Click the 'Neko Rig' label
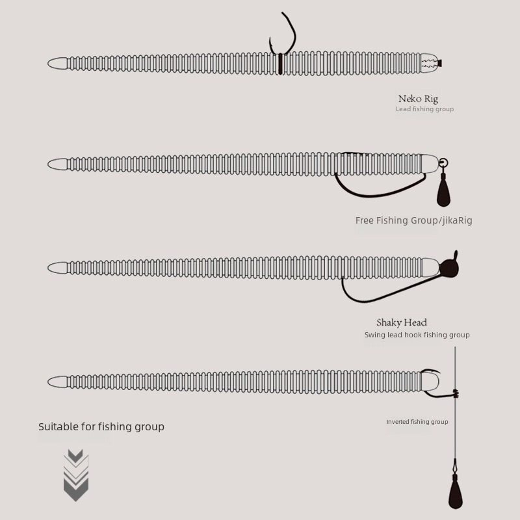(x=418, y=99)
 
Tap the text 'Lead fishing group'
(x=424, y=109)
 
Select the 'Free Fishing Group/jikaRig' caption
(x=413, y=220)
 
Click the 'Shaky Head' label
(x=401, y=322)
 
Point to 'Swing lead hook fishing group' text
(x=417, y=335)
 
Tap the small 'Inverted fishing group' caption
(x=417, y=422)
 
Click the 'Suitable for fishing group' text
(x=101, y=426)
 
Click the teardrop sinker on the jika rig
(x=443, y=190)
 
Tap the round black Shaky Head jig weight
(x=448, y=268)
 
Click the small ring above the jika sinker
(x=443, y=163)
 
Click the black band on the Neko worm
(x=280, y=64)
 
